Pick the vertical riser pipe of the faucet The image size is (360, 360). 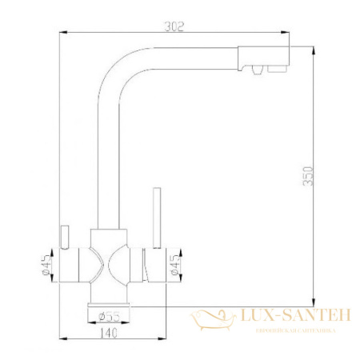pos(105,160)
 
